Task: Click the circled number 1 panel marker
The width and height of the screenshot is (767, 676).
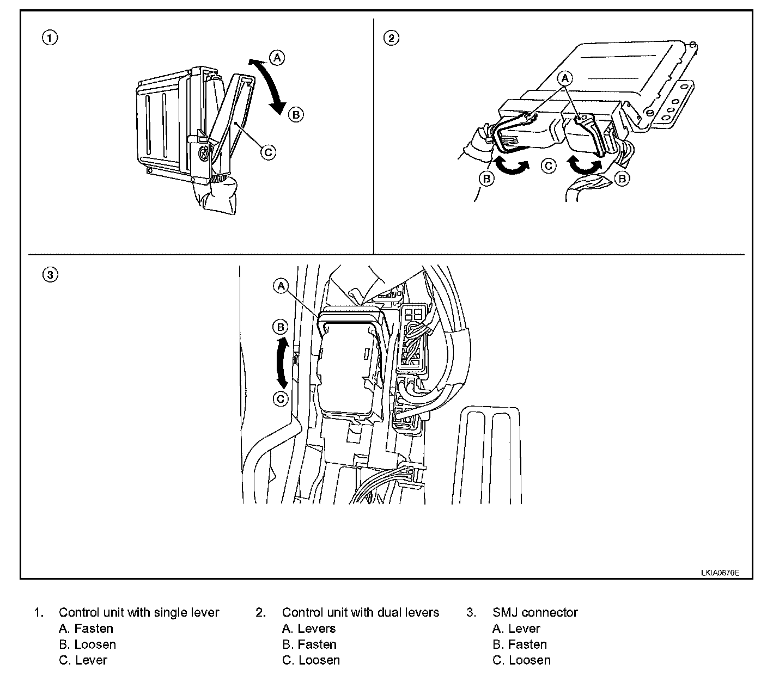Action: [x=50, y=38]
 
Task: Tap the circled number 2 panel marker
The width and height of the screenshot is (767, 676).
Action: [x=391, y=38]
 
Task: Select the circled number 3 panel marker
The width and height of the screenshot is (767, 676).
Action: [x=50, y=275]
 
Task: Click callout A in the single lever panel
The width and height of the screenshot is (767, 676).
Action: [x=277, y=57]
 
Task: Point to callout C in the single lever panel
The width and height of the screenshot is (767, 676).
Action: [x=268, y=152]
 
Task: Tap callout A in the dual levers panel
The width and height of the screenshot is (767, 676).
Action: [x=565, y=78]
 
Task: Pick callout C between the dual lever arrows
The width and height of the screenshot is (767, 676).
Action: [x=549, y=165]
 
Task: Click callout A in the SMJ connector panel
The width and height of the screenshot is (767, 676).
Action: [x=281, y=286]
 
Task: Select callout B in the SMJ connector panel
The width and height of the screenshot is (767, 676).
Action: [x=280, y=327]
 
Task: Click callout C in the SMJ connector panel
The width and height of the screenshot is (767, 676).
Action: [x=280, y=399]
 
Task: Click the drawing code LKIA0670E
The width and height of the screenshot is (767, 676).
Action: [x=720, y=573]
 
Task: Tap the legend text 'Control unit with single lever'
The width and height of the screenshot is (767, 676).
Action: [x=139, y=612]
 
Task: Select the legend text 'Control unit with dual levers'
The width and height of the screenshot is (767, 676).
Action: [x=360, y=612]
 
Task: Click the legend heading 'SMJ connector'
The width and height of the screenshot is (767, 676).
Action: [x=535, y=612]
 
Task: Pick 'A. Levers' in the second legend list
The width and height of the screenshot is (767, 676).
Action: [x=309, y=629]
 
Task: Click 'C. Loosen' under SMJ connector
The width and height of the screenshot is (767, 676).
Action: [x=521, y=660]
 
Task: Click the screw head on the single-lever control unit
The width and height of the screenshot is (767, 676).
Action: [x=203, y=154]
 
